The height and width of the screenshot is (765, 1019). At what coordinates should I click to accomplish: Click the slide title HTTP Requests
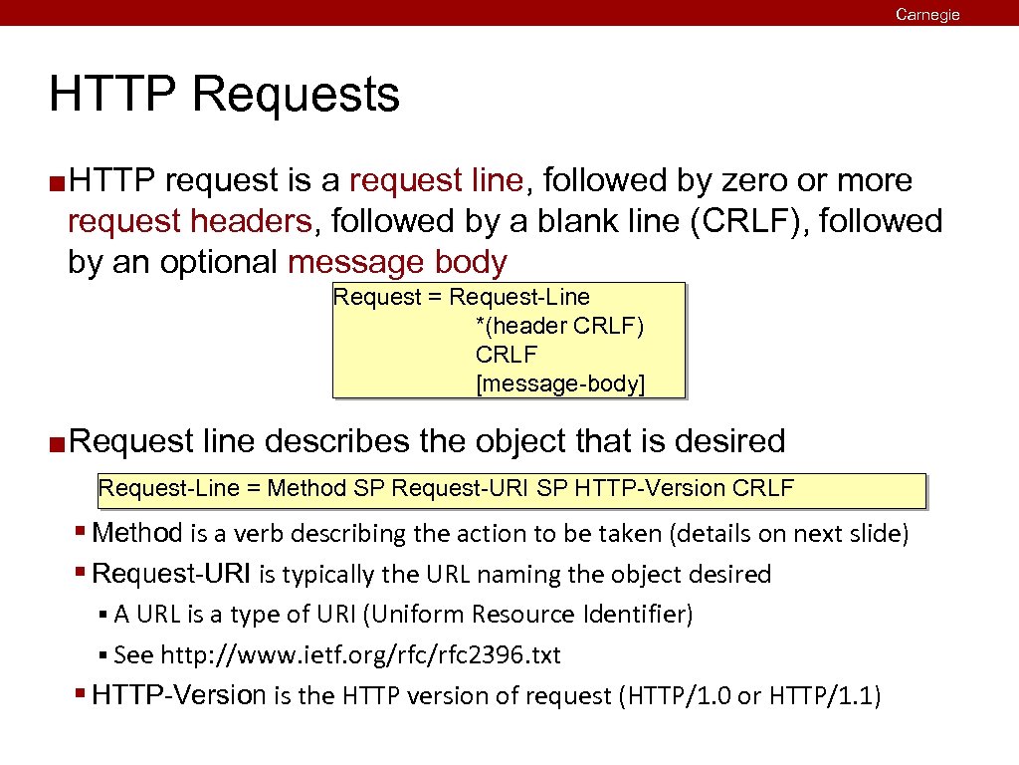pos(224,95)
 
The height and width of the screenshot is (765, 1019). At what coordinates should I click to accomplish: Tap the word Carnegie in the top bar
pos(927,14)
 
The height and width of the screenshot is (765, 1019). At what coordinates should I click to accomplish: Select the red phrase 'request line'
pos(437,180)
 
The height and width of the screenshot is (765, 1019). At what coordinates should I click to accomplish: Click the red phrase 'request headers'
pos(190,221)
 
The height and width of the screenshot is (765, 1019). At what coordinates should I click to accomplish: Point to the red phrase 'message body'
pos(397,262)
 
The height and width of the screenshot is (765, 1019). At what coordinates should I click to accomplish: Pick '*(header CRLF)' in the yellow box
pos(560,326)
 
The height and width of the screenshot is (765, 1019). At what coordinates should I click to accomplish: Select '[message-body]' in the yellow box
pos(560,383)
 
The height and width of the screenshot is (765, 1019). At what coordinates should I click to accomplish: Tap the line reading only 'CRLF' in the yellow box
pos(507,355)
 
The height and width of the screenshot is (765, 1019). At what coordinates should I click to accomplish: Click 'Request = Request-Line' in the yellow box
pos(462,297)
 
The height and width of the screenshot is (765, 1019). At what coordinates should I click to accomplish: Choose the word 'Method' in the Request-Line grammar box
pos(306,488)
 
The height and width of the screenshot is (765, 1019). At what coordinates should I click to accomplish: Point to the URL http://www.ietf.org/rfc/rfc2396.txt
pos(361,654)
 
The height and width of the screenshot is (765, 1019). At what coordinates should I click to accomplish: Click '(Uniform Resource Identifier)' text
pos(528,614)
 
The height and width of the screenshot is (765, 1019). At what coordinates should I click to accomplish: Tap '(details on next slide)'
pos(790,534)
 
